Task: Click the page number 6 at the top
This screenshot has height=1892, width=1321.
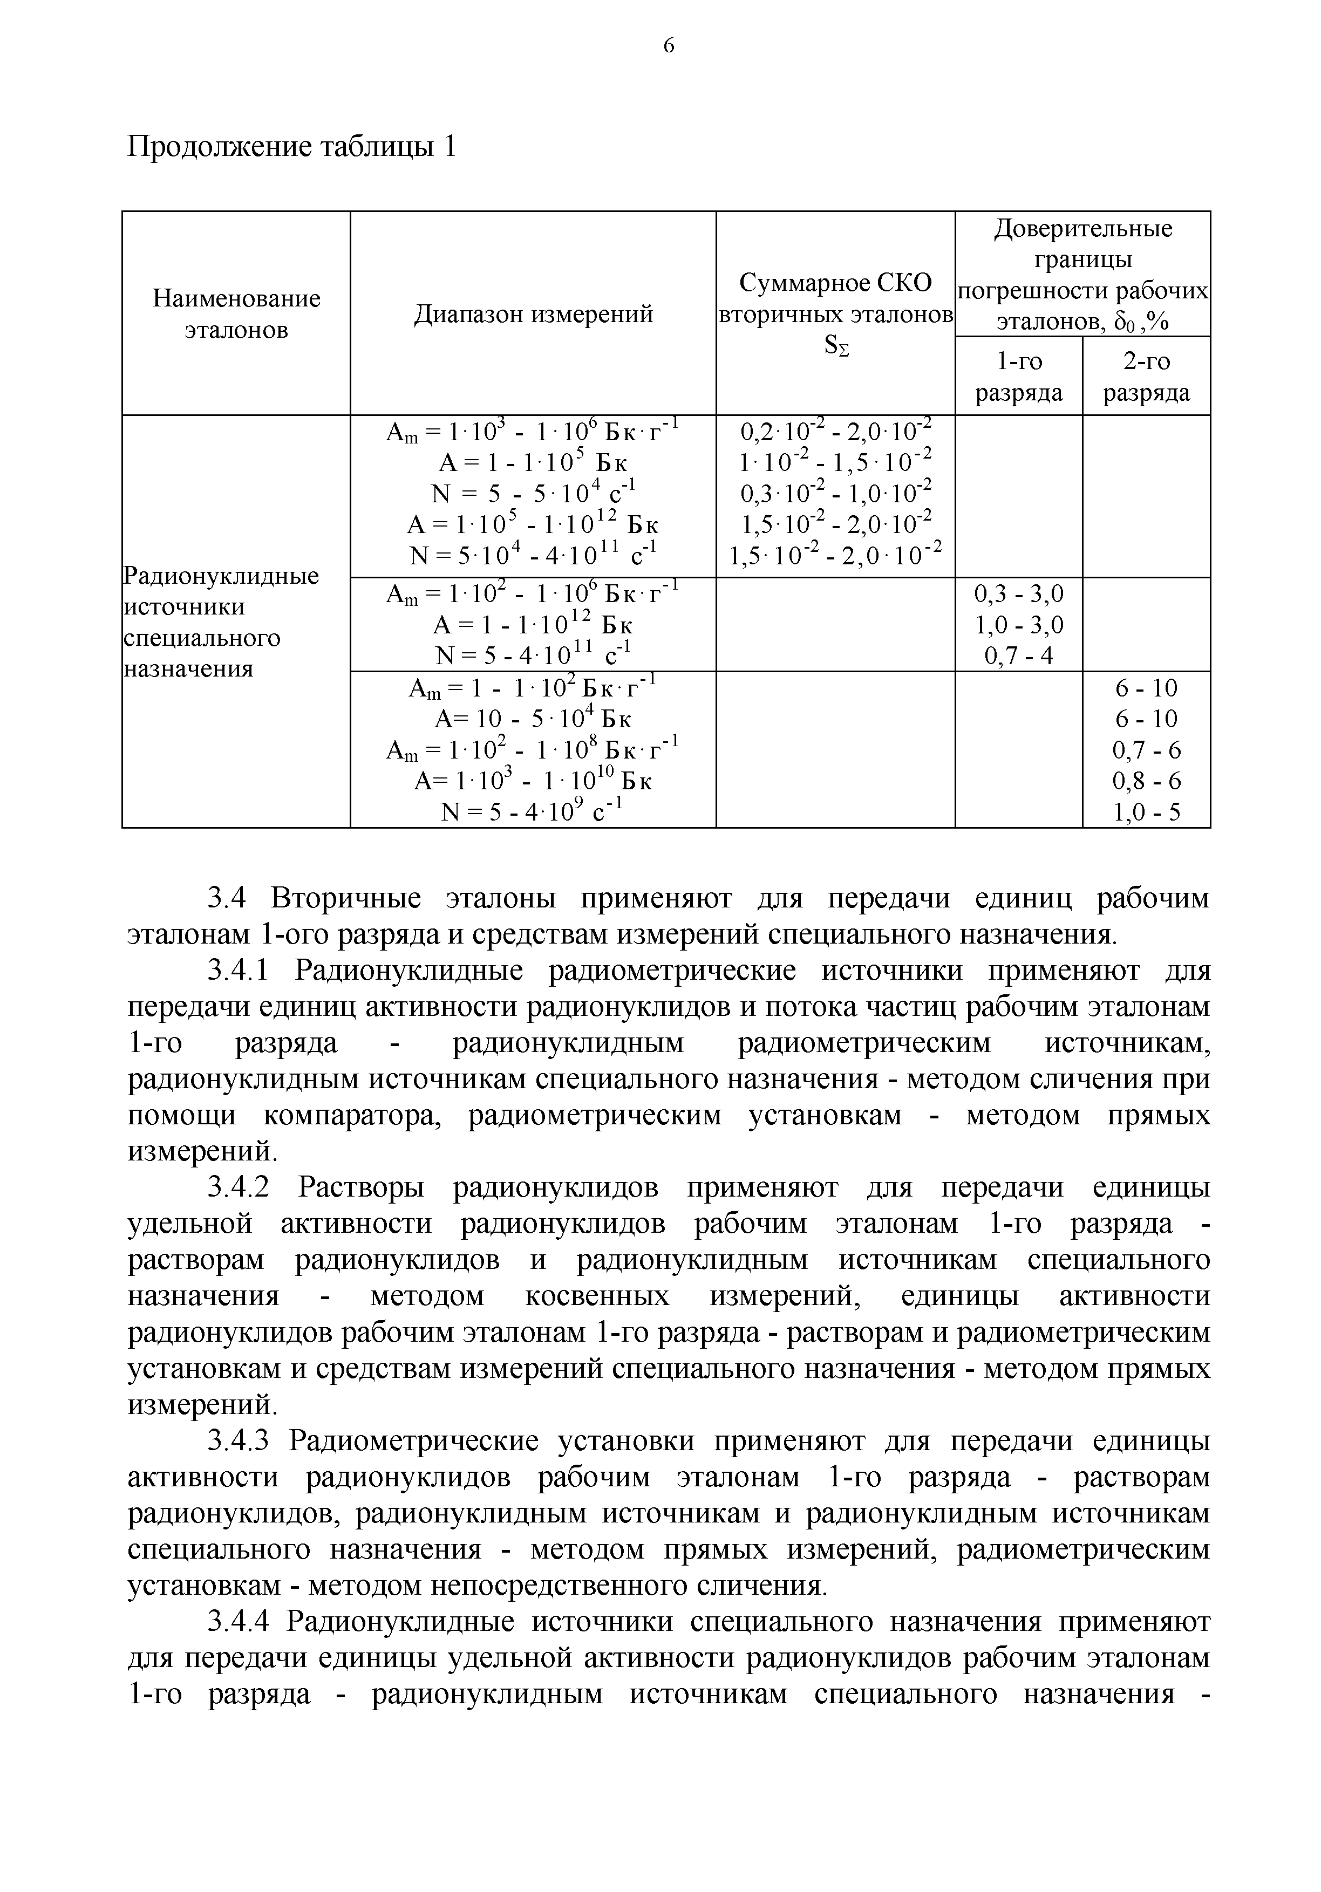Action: pos(669,46)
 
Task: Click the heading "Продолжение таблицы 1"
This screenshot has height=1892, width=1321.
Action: pos(292,147)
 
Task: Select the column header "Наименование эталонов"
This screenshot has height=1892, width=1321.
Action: pos(236,314)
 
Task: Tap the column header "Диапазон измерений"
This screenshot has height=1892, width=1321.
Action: pos(533,314)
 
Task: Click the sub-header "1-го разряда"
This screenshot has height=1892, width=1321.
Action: pos(1019,377)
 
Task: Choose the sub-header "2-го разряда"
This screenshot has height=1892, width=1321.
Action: pos(1146,377)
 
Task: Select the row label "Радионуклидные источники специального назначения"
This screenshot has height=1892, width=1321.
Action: pos(221,621)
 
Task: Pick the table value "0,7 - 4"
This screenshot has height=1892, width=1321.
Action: pos(1019,657)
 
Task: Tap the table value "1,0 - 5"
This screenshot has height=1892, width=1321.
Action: pos(1146,812)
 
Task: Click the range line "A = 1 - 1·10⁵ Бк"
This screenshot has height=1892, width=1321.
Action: pos(533,462)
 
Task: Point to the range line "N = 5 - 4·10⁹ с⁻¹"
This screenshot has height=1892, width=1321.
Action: pos(533,812)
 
